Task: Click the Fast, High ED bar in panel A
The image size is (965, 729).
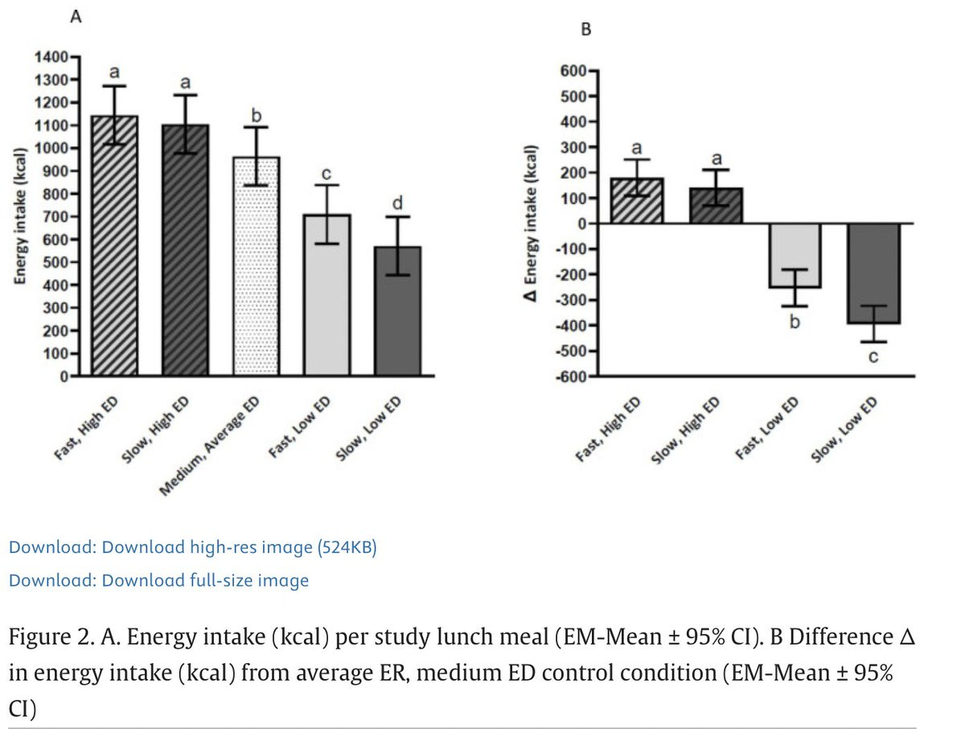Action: pyautogui.click(x=114, y=257)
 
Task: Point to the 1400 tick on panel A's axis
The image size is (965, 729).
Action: pyautogui.click(x=54, y=57)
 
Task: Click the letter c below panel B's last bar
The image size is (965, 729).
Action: pyautogui.click(x=873, y=356)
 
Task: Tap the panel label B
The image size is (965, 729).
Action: pyautogui.click(x=586, y=30)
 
